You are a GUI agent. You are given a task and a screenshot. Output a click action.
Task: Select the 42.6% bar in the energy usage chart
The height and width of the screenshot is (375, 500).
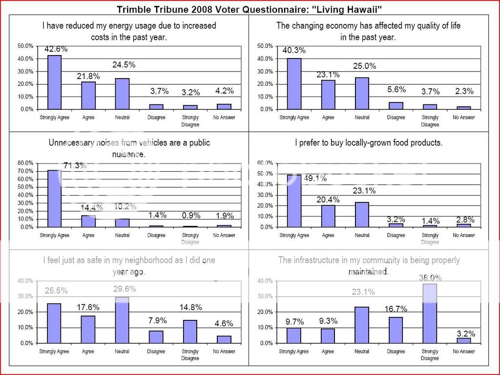[x=54, y=82]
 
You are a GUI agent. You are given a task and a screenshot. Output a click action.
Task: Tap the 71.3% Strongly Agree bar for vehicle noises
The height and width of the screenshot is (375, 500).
[x=54, y=198]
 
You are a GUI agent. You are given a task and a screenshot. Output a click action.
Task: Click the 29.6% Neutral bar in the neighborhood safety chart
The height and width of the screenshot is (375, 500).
[x=122, y=320]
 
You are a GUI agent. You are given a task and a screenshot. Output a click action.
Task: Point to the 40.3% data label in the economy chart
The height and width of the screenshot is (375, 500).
[x=294, y=50]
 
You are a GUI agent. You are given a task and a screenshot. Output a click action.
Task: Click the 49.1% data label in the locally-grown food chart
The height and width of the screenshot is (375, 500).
[x=315, y=178]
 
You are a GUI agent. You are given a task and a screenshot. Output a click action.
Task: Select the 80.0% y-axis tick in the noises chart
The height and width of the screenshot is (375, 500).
[x=26, y=163]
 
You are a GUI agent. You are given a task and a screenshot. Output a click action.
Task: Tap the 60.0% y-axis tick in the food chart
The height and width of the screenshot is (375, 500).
[x=266, y=163]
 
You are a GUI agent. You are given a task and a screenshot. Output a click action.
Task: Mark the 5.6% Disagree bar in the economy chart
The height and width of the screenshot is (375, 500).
[x=396, y=105]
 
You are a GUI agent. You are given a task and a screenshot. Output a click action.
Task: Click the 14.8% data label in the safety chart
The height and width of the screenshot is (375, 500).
[x=190, y=307]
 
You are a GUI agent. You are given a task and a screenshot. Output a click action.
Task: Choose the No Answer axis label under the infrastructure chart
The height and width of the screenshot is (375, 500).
[x=463, y=351]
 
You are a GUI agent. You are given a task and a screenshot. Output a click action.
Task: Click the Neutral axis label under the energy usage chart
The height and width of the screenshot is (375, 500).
[x=122, y=118]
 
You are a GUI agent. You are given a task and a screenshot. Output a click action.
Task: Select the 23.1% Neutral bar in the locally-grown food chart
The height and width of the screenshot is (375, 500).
[x=362, y=215]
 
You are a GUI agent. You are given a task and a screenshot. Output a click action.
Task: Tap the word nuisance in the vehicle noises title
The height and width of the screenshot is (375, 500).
[x=129, y=154]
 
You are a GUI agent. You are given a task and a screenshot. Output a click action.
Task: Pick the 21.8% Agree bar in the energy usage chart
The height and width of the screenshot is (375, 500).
[x=88, y=96]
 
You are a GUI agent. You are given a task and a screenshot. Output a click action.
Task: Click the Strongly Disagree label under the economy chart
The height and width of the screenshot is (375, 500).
[x=430, y=121]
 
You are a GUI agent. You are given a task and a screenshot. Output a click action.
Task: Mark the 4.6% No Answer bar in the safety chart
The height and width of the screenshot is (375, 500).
[x=224, y=339]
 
